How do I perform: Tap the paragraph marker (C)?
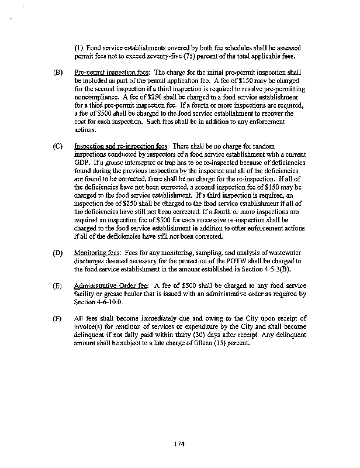click(58, 146)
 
